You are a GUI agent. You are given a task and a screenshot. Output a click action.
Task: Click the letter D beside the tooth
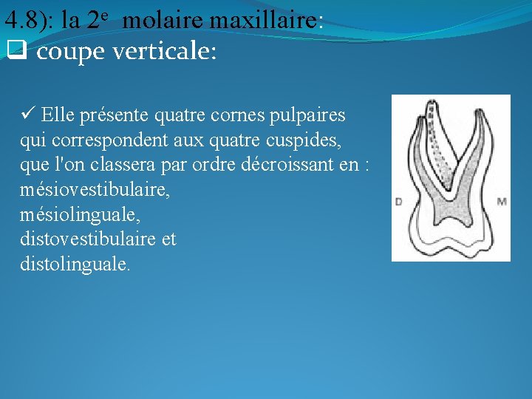pos(399,202)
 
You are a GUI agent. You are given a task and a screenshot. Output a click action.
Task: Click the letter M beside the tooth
pos(502,201)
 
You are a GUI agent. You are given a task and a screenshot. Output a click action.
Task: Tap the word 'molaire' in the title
pos(163,20)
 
